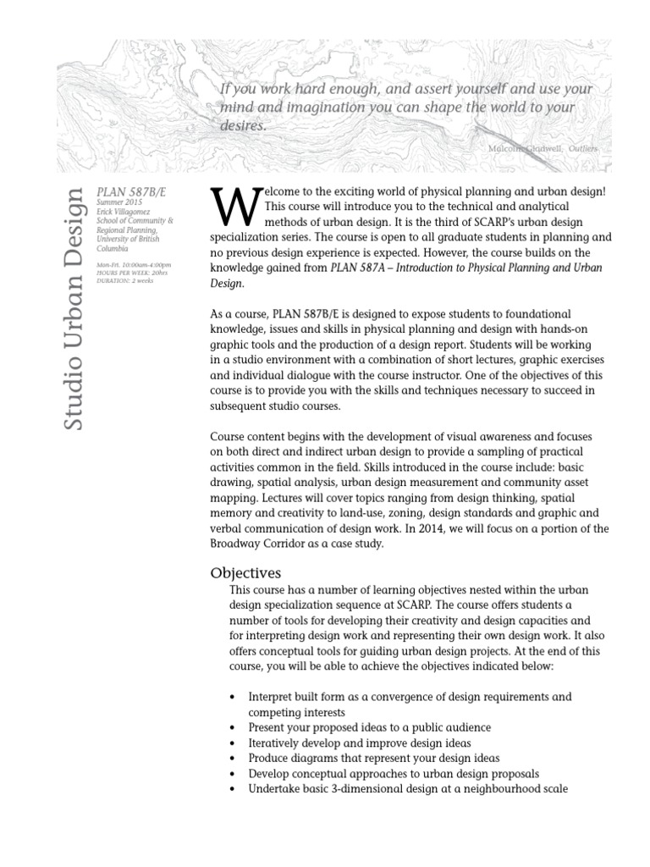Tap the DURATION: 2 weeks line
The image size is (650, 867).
tap(124, 280)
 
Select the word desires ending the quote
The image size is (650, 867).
tap(243, 125)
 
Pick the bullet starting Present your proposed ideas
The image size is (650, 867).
tap(369, 727)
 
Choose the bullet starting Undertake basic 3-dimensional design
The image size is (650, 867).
tap(407, 788)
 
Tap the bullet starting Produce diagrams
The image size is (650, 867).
tap(373, 758)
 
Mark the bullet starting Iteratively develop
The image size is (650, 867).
tap(363, 743)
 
